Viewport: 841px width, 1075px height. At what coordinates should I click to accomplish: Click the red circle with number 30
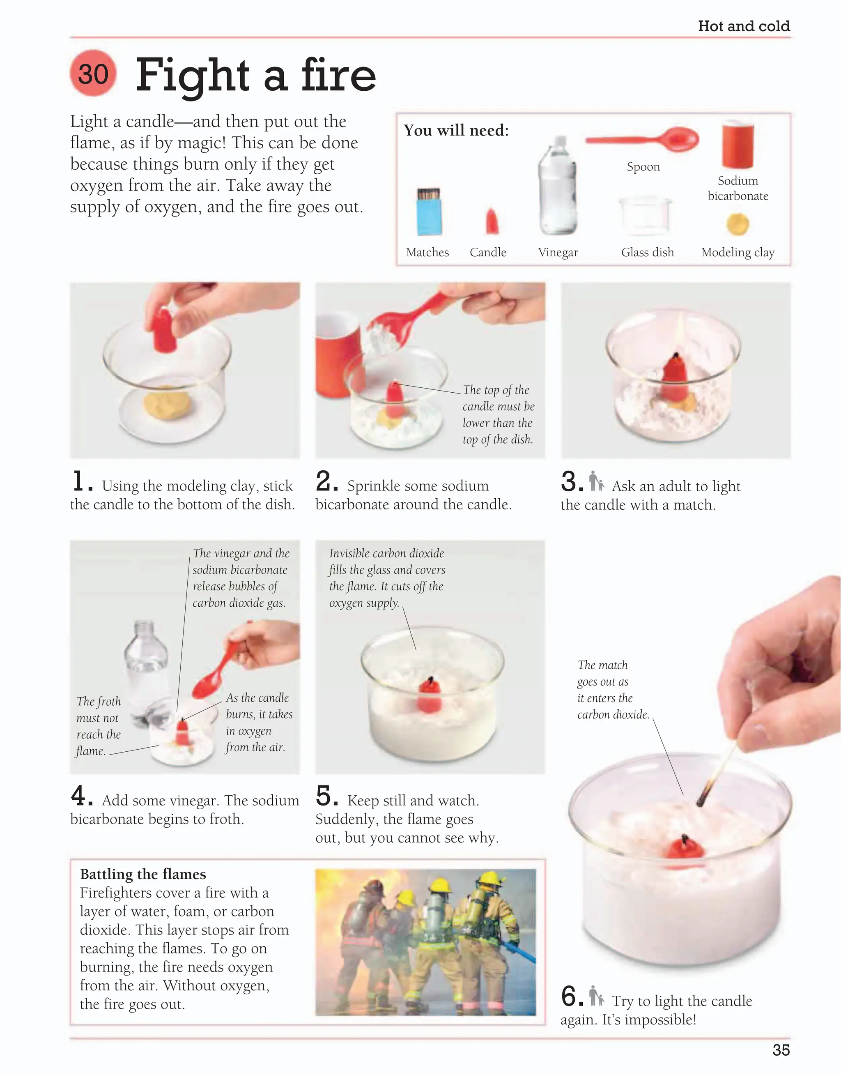pos(93,74)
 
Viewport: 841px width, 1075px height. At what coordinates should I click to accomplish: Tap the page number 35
pos(781,1050)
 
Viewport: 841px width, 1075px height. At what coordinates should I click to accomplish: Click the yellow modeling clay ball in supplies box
pos(738,224)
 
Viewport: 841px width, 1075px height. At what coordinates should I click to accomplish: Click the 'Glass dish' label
pos(647,252)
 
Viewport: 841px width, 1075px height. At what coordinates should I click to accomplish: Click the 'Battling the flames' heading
pos(143,874)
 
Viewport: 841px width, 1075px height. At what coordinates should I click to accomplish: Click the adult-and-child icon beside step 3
pos(596,481)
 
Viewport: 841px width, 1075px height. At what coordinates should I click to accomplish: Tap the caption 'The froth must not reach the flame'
pos(98,726)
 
